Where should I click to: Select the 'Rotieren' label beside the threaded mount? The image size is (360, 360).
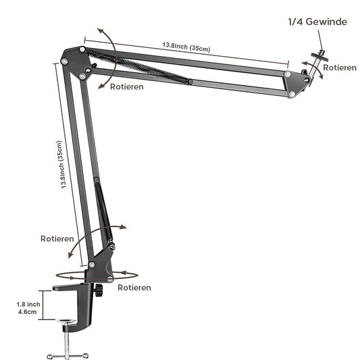340,68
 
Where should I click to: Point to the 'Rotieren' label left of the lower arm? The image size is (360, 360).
57,238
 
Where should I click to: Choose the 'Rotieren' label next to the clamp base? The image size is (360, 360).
134,287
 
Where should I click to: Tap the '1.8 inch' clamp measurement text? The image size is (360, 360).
28,305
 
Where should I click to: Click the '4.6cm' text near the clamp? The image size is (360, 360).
28,313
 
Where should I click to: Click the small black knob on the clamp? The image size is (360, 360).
100,291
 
